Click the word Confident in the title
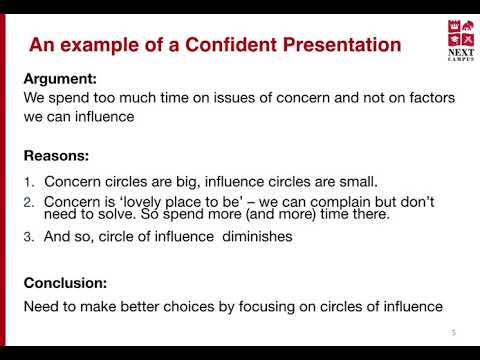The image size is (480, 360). coord(231,45)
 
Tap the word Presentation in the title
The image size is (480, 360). coord(342,45)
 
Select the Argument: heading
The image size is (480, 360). coord(60,80)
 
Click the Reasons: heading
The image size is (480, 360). coord(56,156)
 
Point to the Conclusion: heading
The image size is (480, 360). coord(65,283)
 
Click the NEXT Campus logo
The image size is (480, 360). coord(461,40)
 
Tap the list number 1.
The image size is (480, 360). coord(29,182)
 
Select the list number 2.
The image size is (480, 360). coord(29,203)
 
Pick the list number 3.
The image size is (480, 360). coord(29,237)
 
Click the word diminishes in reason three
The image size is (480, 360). coord(257,236)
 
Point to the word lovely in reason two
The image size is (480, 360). coord(141,202)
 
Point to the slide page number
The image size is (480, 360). coord(454,332)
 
